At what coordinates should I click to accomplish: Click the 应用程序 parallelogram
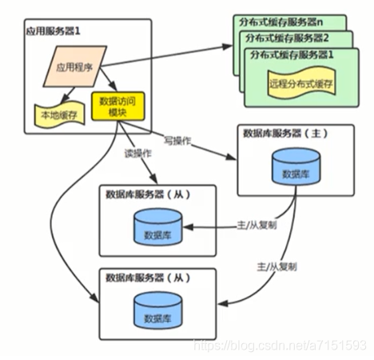pos(75,66)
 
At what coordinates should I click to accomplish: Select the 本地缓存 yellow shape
pos(59,114)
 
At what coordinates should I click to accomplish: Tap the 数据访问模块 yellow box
pos(118,106)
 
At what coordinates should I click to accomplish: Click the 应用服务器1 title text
pos(53,31)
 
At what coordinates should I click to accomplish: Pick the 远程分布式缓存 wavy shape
pos(301,84)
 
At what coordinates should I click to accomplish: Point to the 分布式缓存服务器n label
pos(280,22)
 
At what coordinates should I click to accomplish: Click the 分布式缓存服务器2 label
pos(287,38)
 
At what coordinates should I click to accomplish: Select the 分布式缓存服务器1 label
pos(292,54)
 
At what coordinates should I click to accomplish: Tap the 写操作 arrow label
pos(177,140)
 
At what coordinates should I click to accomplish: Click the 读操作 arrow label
pos(138,154)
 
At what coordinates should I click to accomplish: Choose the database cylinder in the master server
pos(296,166)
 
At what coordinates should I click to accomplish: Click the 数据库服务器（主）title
pos(285,134)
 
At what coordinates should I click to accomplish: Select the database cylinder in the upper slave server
pos(158,227)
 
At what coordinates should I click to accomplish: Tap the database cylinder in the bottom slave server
pos(158,310)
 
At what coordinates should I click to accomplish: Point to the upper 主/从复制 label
pos(257,225)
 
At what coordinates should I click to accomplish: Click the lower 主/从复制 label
pos(277,266)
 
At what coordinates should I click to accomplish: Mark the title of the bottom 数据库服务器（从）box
pos(148,278)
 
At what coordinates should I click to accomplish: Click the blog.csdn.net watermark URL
pos(280,345)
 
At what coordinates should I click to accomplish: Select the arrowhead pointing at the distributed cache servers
pos(227,46)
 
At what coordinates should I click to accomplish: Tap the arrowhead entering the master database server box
pos(231,158)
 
